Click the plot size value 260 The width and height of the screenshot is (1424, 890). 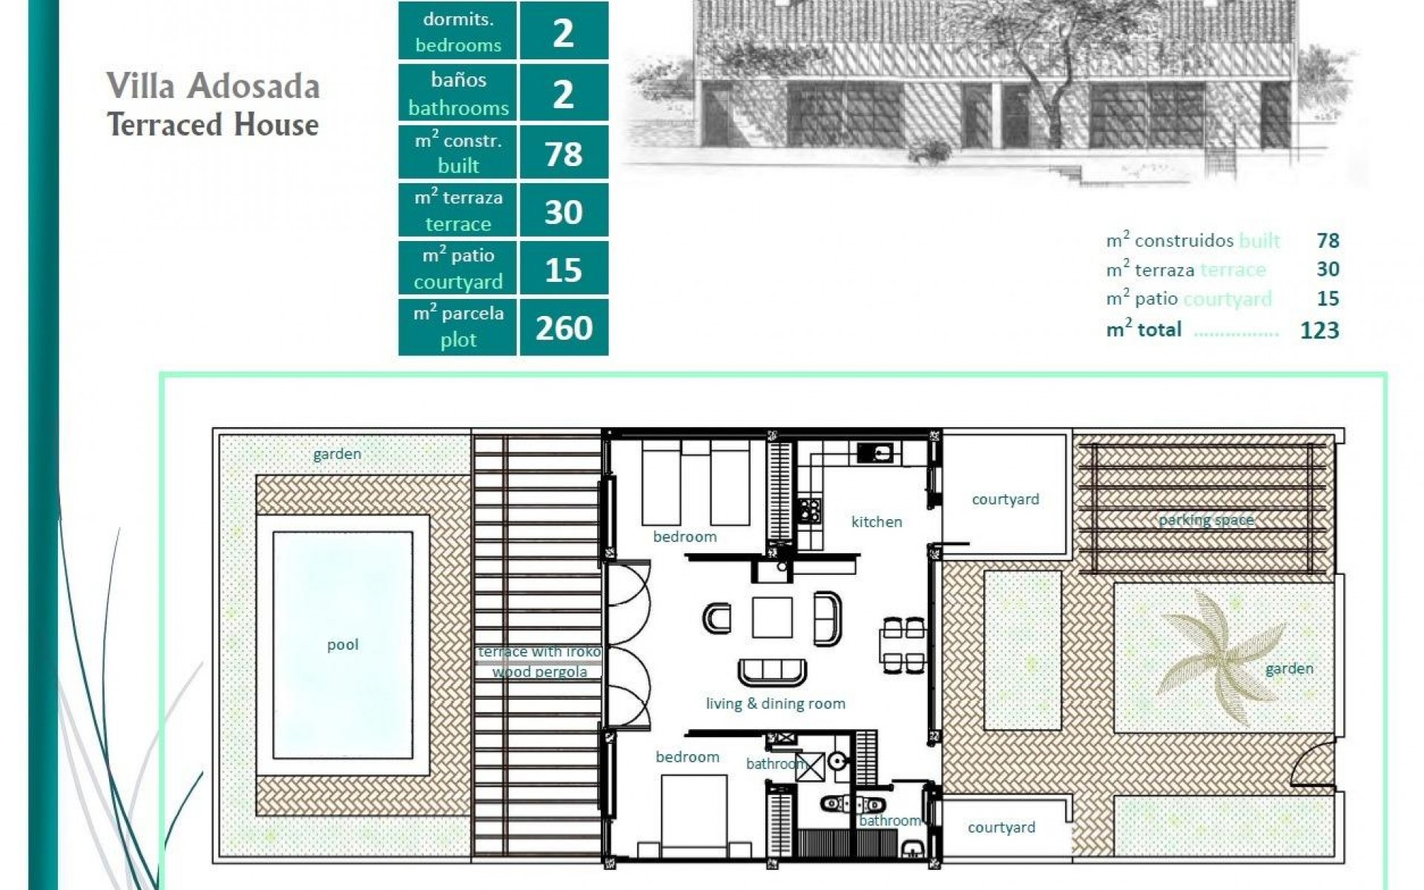pyautogui.click(x=564, y=328)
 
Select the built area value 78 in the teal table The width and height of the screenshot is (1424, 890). pyautogui.click(x=564, y=154)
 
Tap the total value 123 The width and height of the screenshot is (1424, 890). pyautogui.click(x=1319, y=330)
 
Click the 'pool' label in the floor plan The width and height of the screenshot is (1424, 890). pyautogui.click(x=343, y=645)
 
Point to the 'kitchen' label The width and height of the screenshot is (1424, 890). pyautogui.click(x=877, y=521)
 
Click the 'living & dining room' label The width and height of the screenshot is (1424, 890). pyautogui.click(x=775, y=703)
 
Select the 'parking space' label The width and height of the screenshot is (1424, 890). pyautogui.click(x=1206, y=520)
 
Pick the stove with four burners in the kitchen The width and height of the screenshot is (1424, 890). pyautogui.click(x=809, y=510)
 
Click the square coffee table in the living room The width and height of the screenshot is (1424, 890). pyautogui.click(x=772, y=617)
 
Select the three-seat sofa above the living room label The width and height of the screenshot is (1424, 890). pyautogui.click(x=771, y=670)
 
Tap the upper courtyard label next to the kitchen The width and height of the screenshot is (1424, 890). pyautogui.click(x=1005, y=499)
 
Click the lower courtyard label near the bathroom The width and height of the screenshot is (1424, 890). pyautogui.click(x=1001, y=827)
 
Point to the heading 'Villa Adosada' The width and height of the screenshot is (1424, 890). pyautogui.click(x=213, y=86)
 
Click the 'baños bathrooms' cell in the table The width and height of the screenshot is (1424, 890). pyautogui.click(x=458, y=93)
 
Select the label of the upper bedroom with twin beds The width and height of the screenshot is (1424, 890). pyautogui.click(x=685, y=536)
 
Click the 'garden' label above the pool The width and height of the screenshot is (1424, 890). pyautogui.click(x=337, y=454)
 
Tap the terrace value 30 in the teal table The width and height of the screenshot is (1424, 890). pyautogui.click(x=564, y=212)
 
